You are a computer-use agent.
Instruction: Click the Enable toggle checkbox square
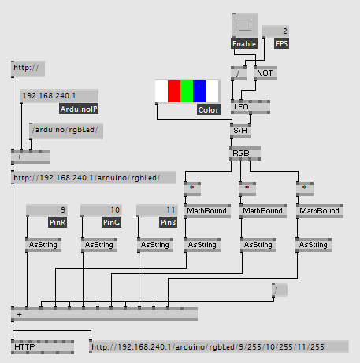tap(245, 25)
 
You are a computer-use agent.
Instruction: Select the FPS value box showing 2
tap(276, 31)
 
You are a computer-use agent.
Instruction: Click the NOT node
tap(265, 73)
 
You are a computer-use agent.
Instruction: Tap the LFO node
tap(251, 107)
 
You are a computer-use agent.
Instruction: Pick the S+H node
tap(240, 131)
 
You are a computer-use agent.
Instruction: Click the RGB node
tap(245, 154)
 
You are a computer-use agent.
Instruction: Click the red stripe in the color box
tap(174, 91)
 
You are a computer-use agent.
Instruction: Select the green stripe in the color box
tap(187, 91)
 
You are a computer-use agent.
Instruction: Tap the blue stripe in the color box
tap(199, 91)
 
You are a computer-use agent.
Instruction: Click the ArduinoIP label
tap(79, 109)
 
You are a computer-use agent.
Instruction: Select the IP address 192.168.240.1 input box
tap(59, 96)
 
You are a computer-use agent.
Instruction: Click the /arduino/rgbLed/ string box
tap(66, 131)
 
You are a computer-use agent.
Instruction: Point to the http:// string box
tap(28, 69)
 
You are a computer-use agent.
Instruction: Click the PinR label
tap(58, 222)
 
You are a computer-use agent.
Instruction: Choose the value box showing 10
tap(101, 210)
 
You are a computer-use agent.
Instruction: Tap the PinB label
tap(168, 222)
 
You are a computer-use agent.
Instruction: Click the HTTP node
tap(43, 347)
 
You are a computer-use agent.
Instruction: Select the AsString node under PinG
tap(99, 245)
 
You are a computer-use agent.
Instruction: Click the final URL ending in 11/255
tap(219, 346)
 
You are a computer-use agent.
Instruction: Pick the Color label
tap(209, 109)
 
